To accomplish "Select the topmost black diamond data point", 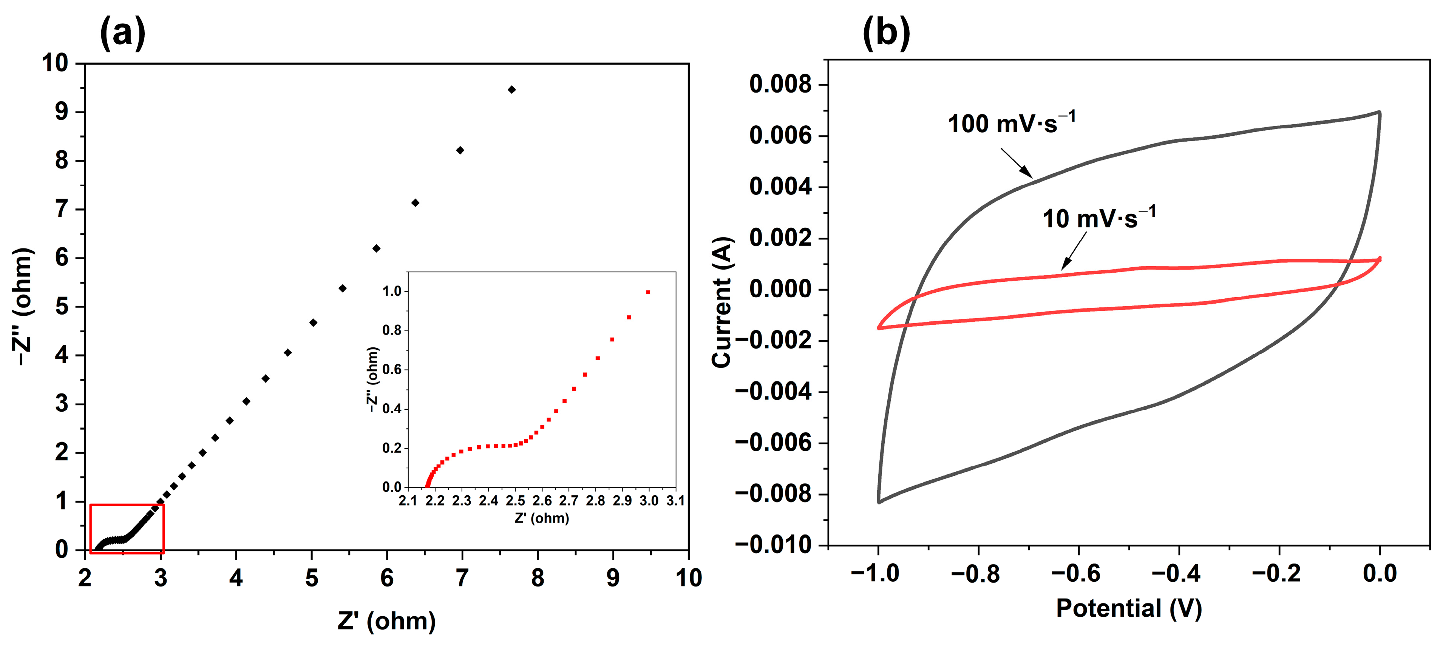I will point(511,89).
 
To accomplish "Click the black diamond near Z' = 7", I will point(460,150).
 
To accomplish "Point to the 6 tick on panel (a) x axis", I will point(386,577).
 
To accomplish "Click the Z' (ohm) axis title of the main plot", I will point(386,620).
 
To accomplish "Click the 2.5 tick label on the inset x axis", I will point(515,500).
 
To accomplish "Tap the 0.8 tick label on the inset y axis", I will point(392,330).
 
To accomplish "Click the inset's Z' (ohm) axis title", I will point(542,518).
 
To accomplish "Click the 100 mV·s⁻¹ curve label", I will point(1011,123).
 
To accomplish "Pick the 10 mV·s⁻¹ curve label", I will point(1098,218).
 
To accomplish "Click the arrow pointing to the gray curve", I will point(1016,162).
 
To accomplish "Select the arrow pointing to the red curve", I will point(1074,251).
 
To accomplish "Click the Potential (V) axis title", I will point(1129,609).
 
